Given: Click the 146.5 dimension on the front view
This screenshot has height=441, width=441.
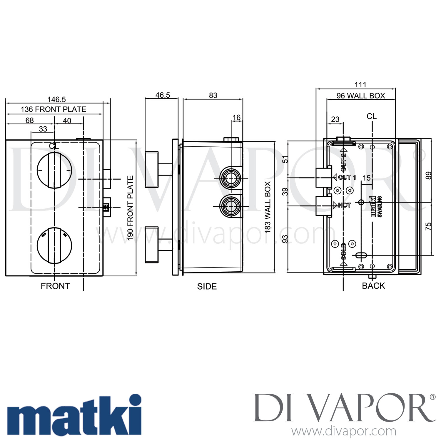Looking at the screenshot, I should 56,99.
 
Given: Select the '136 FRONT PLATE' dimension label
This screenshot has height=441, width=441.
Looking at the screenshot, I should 54,109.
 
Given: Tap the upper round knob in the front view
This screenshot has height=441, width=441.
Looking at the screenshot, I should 54,170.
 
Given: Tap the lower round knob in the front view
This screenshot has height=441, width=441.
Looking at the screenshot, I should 54,245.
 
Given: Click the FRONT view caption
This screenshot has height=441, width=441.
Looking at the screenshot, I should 55,286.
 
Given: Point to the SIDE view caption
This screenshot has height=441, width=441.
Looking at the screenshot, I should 207,286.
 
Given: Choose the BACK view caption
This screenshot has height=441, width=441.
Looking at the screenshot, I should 373,286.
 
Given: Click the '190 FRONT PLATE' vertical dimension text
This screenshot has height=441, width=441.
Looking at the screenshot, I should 131,208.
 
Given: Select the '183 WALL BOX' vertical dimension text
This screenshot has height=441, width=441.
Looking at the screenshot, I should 268,207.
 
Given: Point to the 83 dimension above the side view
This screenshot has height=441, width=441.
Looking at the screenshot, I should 213,95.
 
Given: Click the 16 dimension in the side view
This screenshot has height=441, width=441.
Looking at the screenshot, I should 236,118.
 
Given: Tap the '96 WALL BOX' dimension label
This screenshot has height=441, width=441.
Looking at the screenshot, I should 361,96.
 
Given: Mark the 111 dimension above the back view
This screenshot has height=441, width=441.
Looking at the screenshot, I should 360,85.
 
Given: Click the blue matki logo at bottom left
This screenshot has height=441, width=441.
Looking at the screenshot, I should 74,415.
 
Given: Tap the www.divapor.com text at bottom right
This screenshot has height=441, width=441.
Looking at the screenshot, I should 344,432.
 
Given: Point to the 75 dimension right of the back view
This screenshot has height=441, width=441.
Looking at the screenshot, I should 429,226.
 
